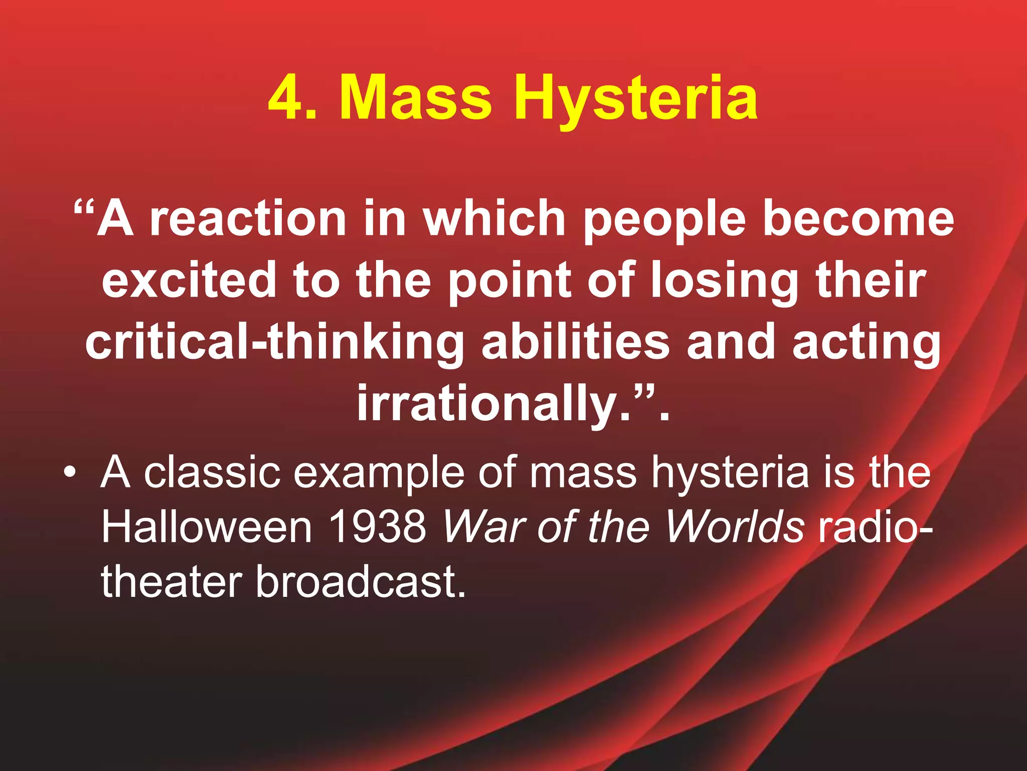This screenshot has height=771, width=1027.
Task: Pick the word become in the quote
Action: [858, 219]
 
